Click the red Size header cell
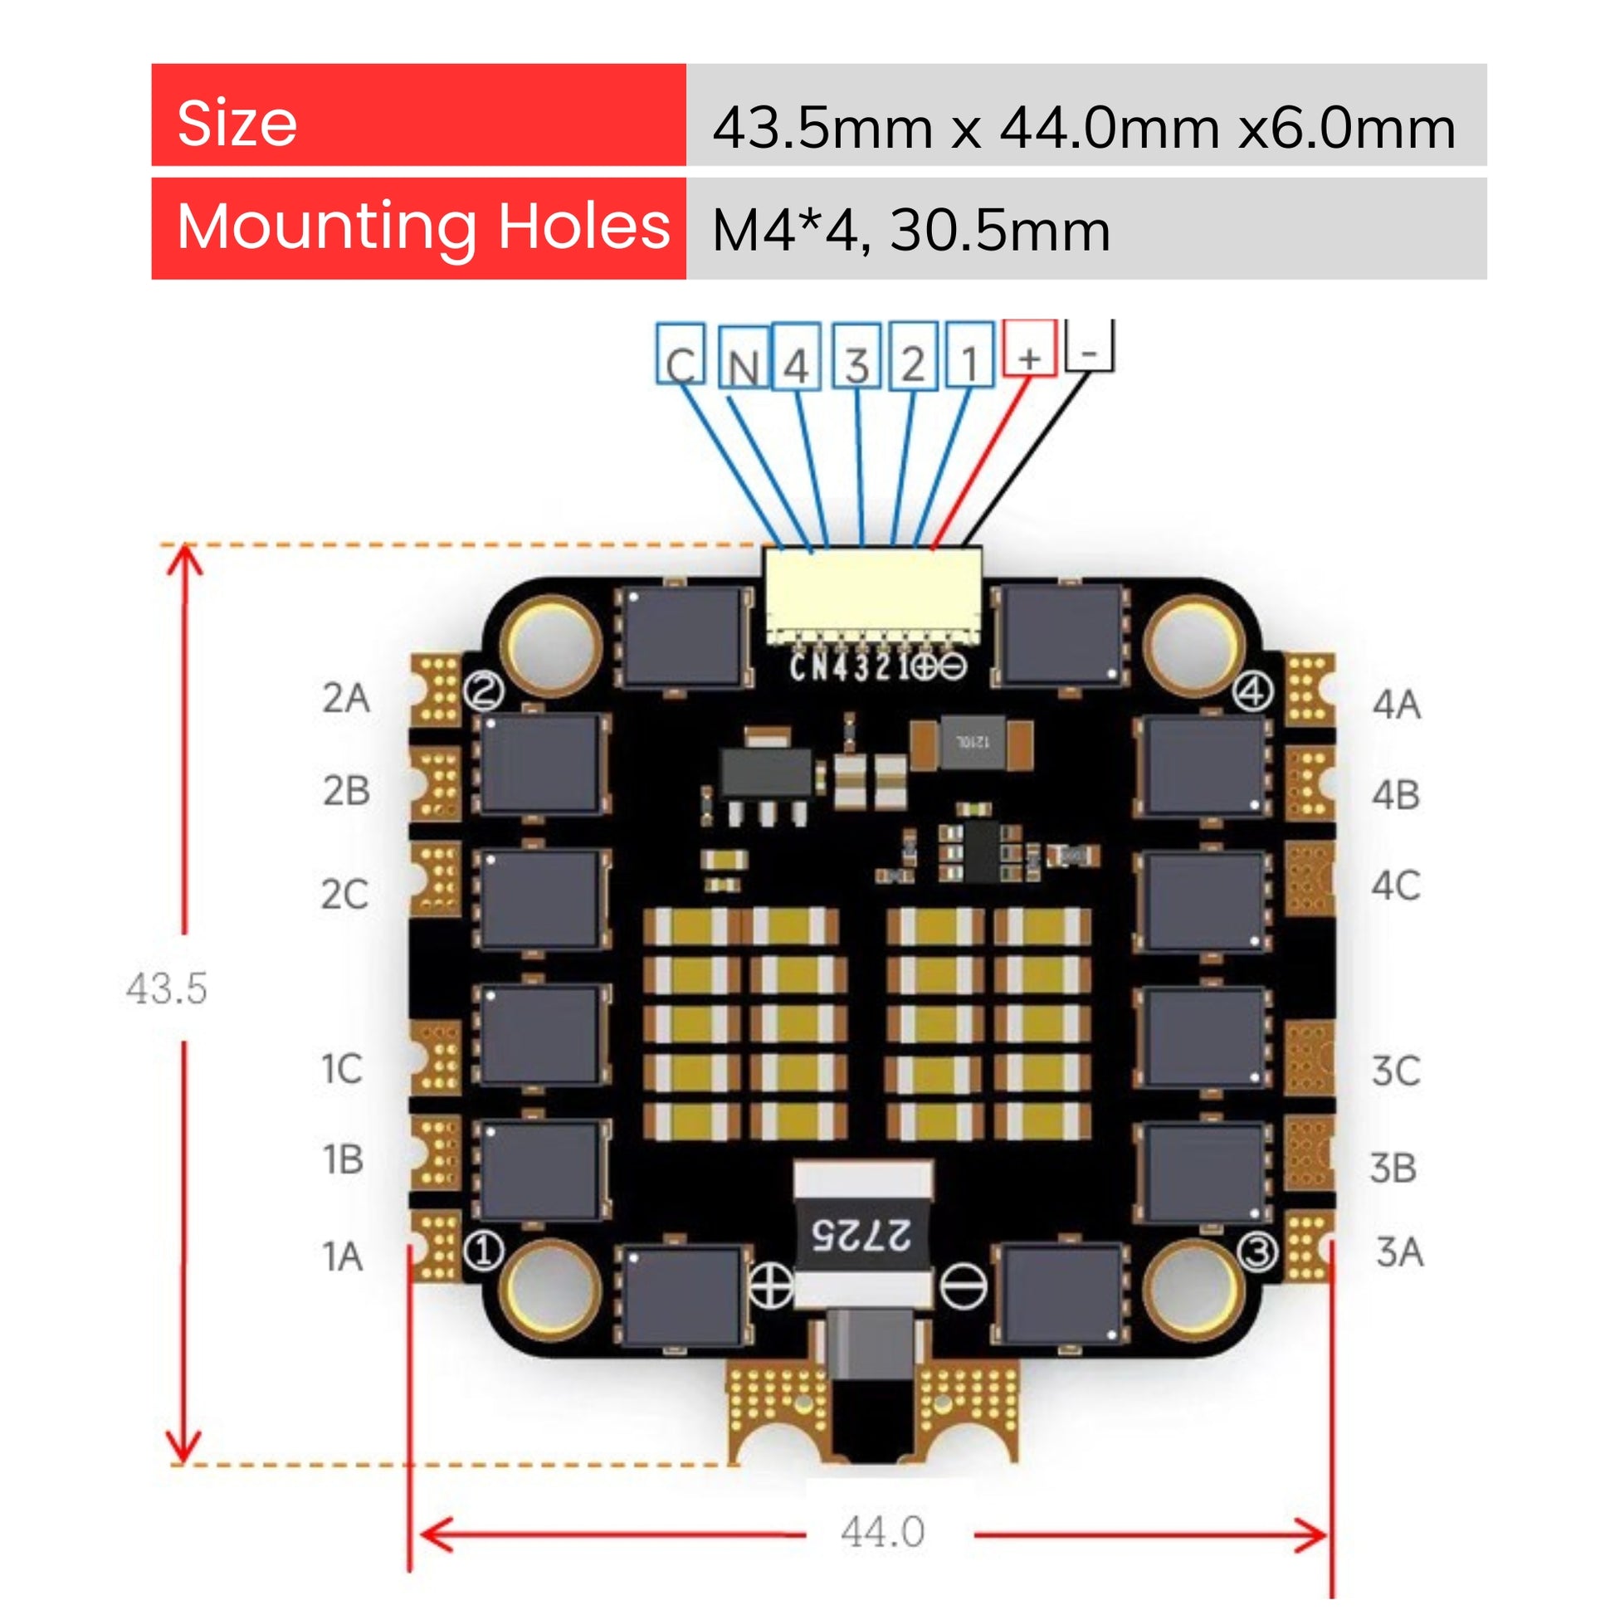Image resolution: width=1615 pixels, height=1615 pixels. pos(418,115)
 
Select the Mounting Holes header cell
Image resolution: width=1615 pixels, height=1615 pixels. pos(418,228)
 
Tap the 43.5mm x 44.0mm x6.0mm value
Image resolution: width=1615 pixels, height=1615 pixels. pos(1084,128)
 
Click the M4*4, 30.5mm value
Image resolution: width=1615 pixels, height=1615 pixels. pos(911,230)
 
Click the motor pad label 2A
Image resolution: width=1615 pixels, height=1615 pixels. pos(346,697)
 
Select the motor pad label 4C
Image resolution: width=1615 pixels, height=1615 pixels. pos(1395,886)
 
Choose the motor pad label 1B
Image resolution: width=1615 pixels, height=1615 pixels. pos(343,1159)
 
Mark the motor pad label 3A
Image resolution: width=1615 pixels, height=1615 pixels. pos(1399,1252)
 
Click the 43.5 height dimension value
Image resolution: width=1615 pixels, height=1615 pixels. pos(166,988)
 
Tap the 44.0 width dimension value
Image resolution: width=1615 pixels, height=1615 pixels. pos(883,1532)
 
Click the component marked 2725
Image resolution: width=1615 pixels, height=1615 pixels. pos(861,1235)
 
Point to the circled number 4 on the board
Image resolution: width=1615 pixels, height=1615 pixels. pos(1253,690)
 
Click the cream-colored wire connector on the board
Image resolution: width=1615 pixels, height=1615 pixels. pos(872,596)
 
